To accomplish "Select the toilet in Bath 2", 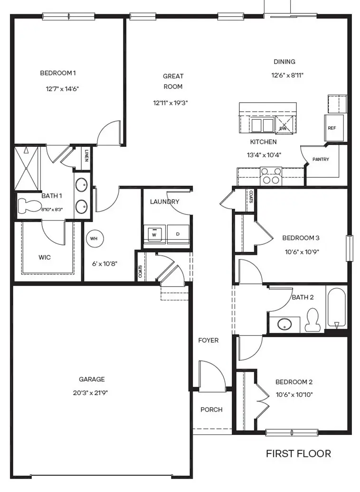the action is coord(312,319).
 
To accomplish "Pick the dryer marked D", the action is coord(178,234).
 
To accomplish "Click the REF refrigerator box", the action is coord(334,128).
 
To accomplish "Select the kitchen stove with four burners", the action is coord(271,176).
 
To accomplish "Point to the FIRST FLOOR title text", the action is coord(298,453).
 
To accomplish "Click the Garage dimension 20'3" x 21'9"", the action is coord(91,393).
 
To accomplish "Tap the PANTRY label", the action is coord(321,159).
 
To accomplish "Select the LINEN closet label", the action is coord(86,155).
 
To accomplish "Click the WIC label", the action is coord(45,257).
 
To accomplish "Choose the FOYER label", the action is coord(208,340).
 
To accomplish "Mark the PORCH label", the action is coord(211,409).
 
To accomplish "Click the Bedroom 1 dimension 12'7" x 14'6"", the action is coord(62,89).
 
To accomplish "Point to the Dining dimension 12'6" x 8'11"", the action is coord(287,75).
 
